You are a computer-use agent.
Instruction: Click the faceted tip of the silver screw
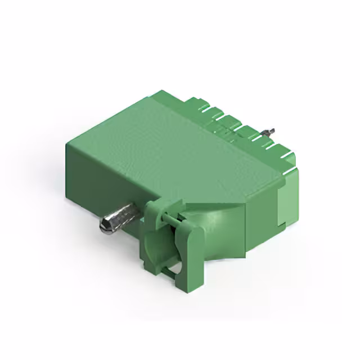(x=105, y=226)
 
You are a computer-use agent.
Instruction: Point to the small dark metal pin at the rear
(x=272, y=131)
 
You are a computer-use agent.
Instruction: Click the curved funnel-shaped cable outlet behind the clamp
(x=217, y=231)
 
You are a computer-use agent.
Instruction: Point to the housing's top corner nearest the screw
(x=67, y=143)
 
